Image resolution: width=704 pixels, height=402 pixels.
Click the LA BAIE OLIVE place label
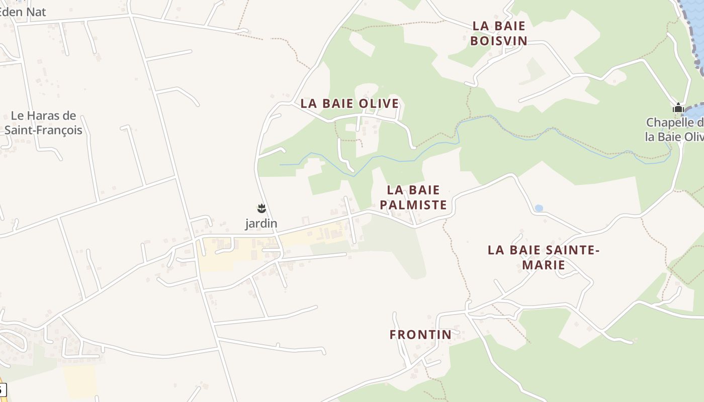pos(349,104)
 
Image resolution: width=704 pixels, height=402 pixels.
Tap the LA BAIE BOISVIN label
pos(498,33)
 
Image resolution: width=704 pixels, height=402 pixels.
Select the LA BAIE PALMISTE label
pos(413,197)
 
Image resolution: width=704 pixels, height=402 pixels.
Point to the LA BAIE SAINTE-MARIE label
pos(544,257)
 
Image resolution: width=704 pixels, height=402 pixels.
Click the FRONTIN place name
pos(420,335)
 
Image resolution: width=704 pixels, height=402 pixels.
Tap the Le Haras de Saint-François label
pos(43,123)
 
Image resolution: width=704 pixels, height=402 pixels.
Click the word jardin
pos(261,224)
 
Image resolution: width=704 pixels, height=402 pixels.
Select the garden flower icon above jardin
pos(261,208)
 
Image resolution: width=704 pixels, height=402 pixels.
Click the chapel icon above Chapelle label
pos(678,108)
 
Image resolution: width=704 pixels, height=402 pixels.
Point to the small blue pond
pos(539,208)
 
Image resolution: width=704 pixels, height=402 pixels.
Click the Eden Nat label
pos(23,12)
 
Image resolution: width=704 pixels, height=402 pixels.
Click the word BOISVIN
pos(498,41)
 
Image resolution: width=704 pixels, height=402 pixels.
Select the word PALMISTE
pos(413,205)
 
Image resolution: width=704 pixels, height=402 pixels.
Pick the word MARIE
pos(544,265)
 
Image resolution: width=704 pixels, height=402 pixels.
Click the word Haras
pos(45,116)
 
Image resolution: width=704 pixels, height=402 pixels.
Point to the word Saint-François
pos(43,130)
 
